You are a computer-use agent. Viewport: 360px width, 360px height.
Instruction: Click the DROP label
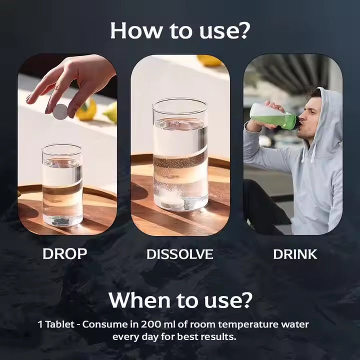(x=64, y=254)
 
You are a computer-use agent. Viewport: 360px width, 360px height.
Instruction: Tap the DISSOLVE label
(x=180, y=254)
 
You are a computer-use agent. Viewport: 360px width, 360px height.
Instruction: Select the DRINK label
(x=295, y=254)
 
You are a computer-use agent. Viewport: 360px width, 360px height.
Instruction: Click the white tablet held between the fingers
(x=60, y=112)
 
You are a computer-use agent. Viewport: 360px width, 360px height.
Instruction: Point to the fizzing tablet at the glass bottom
(x=172, y=197)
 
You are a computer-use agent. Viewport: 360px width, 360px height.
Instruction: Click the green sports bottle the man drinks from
(x=274, y=116)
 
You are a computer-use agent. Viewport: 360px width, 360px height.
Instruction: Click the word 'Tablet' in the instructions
(x=59, y=324)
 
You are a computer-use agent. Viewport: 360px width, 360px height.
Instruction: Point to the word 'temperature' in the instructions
(x=247, y=325)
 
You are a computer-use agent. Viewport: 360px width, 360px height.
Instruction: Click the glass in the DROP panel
(x=62, y=185)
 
